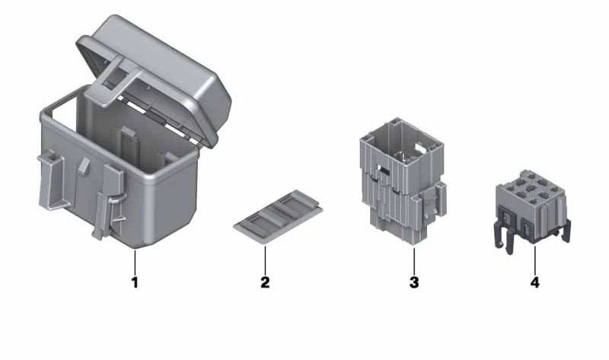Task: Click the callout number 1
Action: pos(135,282)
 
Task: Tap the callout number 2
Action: pos(265,282)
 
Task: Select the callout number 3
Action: pos(414,282)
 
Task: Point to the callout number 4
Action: pos(535,282)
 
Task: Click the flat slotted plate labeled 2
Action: pos(278,216)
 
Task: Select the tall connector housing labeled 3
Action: pos(403,180)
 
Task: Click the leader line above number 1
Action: pos(135,262)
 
